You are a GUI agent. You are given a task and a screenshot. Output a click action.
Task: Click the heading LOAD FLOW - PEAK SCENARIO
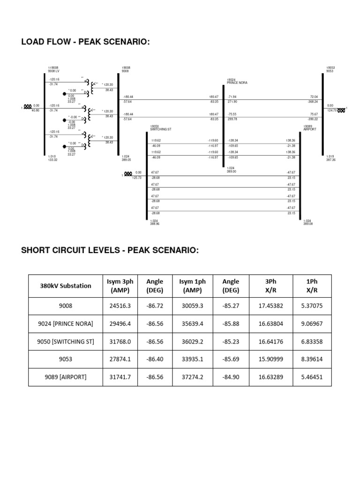click(x=85, y=43)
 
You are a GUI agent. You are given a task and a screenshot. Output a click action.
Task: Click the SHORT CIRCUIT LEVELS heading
click(x=110, y=250)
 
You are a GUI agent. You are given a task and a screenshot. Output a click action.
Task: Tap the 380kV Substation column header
click(x=66, y=285)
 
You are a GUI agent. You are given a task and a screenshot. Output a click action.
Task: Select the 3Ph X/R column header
click(x=271, y=285)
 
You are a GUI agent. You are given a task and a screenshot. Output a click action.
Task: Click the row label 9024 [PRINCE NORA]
click(x=66, y=323)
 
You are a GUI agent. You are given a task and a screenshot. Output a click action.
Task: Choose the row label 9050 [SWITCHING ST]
click(x=66, y=341)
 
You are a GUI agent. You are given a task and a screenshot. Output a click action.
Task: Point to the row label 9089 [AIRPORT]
click(x=66, y=377)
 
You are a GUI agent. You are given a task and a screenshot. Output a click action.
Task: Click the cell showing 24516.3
click(x=120, y=306)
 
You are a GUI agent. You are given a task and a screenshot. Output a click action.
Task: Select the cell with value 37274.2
click(x=193, y=377)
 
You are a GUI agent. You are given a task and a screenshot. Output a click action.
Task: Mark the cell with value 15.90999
click(x=271, y=359)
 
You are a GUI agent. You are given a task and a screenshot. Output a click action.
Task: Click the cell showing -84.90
click(x=231, y=377)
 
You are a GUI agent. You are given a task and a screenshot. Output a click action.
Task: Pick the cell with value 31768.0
click(x=120, y=341)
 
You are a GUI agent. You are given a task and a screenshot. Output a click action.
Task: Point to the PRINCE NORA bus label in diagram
click(x=237, y=82)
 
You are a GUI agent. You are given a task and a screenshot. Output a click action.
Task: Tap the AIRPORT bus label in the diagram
click(x=309, y=128)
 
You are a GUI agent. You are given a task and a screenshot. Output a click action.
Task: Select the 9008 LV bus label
click(x=53, y=71)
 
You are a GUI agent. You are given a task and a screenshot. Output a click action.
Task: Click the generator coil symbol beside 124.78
click(x=341, y=111)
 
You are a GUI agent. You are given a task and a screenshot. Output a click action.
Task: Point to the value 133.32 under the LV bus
click(x=52, y=160)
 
